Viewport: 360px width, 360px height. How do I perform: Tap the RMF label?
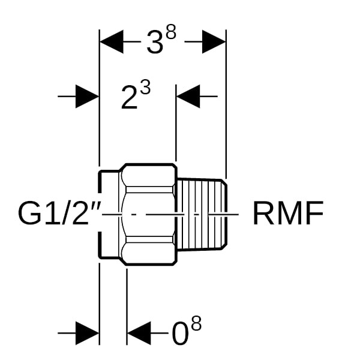pos(287,213)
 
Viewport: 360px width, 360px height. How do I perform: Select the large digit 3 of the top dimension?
pos(155,43)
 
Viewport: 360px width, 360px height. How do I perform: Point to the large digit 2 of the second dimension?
pos(130,98)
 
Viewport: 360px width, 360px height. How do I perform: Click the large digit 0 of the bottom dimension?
pos(180,335)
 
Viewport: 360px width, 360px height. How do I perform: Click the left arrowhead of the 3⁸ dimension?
pos(112,43)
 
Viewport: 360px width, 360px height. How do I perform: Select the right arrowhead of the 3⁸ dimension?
pos(213,43)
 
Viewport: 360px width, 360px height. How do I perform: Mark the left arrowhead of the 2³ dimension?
pos(86,96)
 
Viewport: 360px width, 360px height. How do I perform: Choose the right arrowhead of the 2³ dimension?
pos(188,96)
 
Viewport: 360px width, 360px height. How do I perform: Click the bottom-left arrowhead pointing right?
pos(86,333)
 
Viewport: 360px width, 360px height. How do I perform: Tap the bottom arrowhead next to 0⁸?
pos(139,333)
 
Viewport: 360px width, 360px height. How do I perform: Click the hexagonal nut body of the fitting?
pos(148,213)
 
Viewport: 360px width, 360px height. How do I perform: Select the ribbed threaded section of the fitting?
pos(203,213)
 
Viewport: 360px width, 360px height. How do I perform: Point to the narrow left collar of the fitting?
pos(109,213)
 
